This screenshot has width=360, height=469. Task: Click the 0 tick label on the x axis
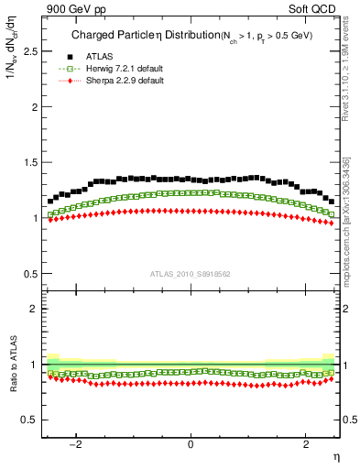click(x=191, y=446)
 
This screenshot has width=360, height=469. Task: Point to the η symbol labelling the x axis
click(x=336, y=456)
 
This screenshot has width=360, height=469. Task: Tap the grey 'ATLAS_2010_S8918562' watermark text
click(x=190, y=273)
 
